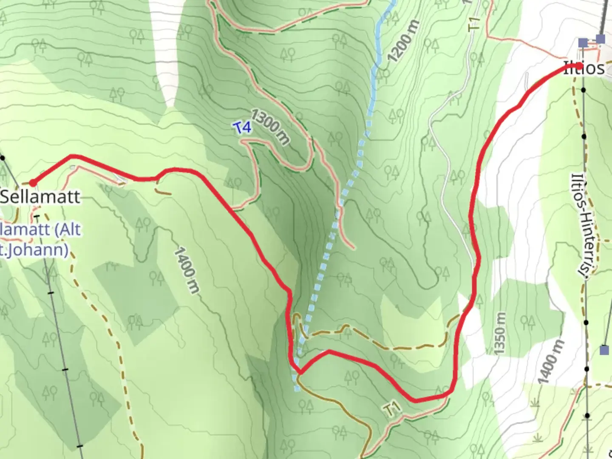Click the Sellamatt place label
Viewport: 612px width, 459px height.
click(x=40, y=196)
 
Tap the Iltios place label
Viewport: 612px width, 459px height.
click(x=584, y=68)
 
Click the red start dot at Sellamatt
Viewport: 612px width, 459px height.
click(x=32, y=183)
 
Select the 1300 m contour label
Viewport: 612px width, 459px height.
click(x=270, y=126)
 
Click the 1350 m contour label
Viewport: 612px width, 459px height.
click(x=500, y=333)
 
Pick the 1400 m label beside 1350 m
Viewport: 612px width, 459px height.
click(x=551, y=361)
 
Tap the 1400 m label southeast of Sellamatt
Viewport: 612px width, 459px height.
click(x=186, y=270)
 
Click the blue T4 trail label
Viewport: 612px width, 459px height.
click(x=242, y=127)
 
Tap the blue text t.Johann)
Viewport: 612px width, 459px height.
click(x=34, y=249)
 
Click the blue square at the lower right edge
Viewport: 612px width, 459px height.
click(x=604, y=350)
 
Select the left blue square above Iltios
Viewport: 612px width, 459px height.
click(x=583, y=42)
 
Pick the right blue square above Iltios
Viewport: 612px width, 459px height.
click(x=600, y=40)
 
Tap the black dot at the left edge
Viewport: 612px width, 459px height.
click(x=3, y=158)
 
